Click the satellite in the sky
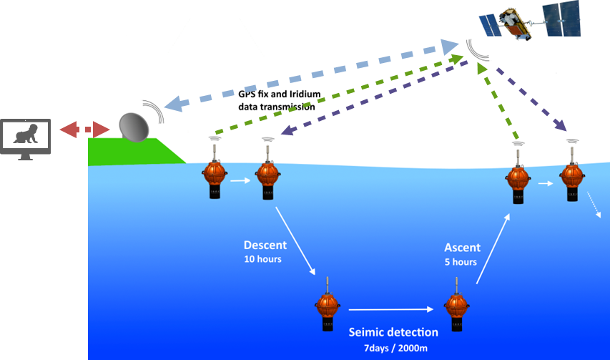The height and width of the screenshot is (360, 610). (530, 21)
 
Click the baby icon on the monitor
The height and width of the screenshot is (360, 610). (24, 134)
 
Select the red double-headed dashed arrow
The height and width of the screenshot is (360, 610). (84, 130)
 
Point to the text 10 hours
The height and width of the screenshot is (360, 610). (262, 259)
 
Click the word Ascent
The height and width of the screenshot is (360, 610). (463, 248)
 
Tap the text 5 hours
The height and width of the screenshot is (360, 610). (461, 262)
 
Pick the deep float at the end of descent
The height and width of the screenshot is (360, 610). (328, 307)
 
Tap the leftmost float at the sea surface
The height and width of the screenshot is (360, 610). (214, 175)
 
